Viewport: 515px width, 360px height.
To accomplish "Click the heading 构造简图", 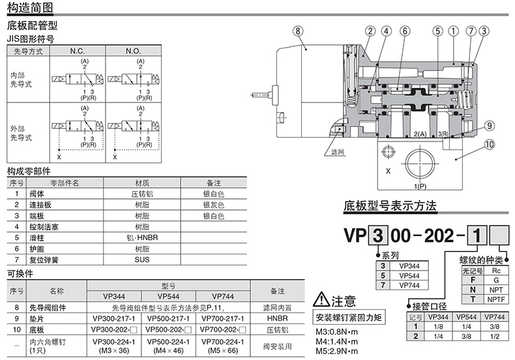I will [x=31, y=8].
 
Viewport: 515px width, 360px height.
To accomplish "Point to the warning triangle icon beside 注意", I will [x=321, y=301].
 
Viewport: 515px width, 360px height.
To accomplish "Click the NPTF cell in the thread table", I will [x=496, y=299].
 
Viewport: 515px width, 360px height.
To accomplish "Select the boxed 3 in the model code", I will [x=376, y=233].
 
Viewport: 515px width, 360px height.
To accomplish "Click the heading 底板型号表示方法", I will [x=390, y=207].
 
